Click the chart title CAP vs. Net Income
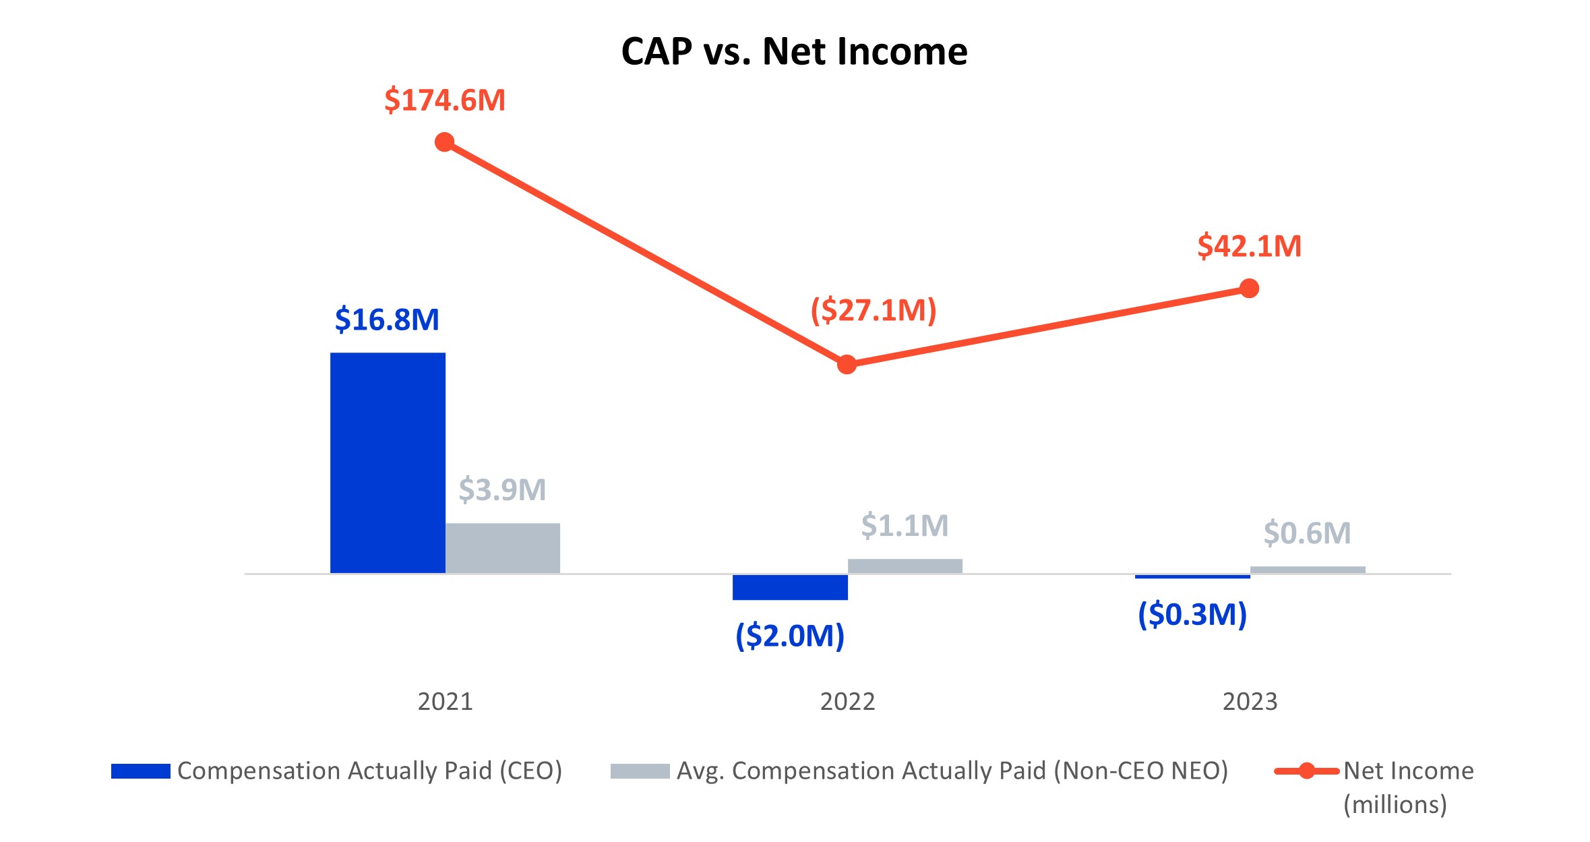(x=794, y=52)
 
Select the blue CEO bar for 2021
(x=388, y=462)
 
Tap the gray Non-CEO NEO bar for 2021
(x=502, y=548)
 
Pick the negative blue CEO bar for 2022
(x=790, y=587)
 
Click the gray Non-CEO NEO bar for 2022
(x=905, y=566)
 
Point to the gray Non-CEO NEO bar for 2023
(x=1308, y=570)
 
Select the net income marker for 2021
(x=445, y=142)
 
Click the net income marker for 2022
(x=847, y=365)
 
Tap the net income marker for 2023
(x=1249, y=289)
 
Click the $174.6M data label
(x=445, y=100)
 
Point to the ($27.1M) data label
(x=874, y=311)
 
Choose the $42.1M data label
(x=1249, y=246)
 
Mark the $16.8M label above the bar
(x=387, y=320)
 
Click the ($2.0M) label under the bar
(x=790, y=636)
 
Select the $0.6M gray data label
(x=1307, y=533)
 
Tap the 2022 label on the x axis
(x=847, y=702)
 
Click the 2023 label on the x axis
(x=1250, y=702)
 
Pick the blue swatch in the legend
(x=140, y=771)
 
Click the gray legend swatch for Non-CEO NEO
(x=640, y=771)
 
